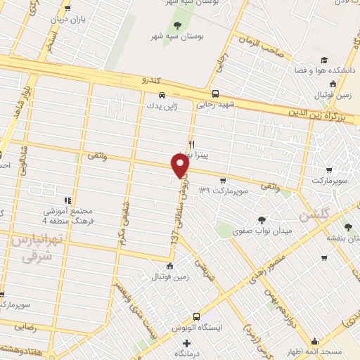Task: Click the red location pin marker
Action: (181, 165)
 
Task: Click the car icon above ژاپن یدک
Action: (162, 94)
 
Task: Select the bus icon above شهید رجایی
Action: (215, 94)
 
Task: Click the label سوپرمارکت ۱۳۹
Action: (224, 191)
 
